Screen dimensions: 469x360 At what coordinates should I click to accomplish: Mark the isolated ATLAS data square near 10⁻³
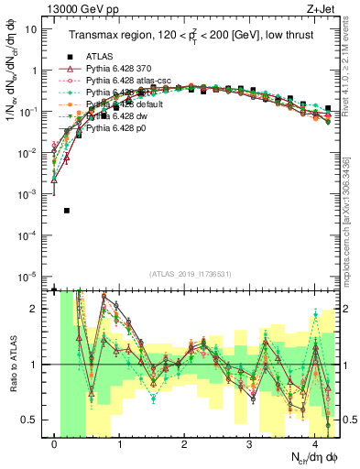click(x=67, y=211)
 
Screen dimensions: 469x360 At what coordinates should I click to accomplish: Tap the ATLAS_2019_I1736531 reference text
click(x=190, y=273)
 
